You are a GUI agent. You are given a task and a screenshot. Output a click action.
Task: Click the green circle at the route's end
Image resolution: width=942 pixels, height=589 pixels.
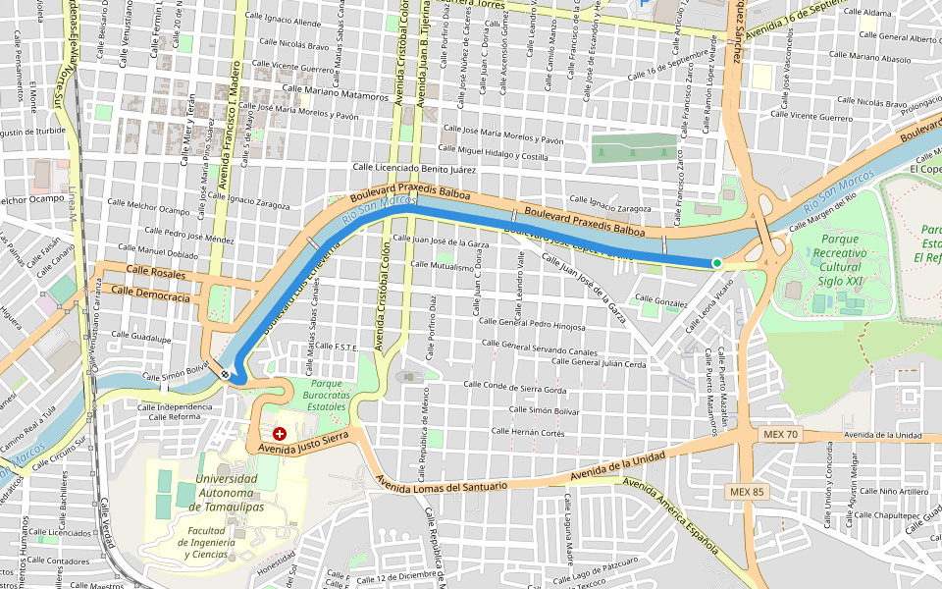click(x=717, y=263)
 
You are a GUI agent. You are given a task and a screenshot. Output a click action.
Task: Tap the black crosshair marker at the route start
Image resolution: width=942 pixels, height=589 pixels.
click(x=226, y=373)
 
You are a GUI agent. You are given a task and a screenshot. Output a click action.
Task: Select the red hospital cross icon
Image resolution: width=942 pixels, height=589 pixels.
click(x=280, y=433)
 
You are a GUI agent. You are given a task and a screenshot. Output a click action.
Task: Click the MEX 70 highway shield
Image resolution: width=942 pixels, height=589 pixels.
click(x=780, y=433)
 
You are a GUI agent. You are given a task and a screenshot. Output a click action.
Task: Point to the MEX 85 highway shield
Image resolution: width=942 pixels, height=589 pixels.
click(x=746, y=490)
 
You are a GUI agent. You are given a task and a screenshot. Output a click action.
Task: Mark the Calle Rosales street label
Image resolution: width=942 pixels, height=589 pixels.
click(x=150, y=271)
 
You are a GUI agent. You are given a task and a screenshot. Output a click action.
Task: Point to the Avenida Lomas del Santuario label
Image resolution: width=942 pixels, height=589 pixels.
click(x=443, y=485)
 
